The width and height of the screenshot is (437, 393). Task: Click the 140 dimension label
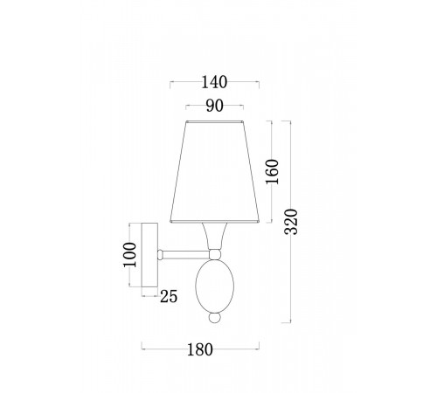[x=214, y=82]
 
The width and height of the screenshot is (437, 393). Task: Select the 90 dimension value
[x=215, y=106]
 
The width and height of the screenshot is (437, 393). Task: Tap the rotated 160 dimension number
[x=273, y=172]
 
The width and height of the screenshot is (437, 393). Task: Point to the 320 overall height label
[x=291, y=222]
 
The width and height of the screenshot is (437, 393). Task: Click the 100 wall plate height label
[x=129, y=255]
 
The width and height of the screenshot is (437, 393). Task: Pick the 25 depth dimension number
[x=169, y=297]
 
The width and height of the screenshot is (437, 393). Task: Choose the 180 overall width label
[x=200, y=349]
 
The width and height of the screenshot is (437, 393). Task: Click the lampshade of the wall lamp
[x=214, y=172]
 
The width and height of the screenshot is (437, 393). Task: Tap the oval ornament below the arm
[x=215, y=286]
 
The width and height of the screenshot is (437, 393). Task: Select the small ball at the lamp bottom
[x=215, y=318]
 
